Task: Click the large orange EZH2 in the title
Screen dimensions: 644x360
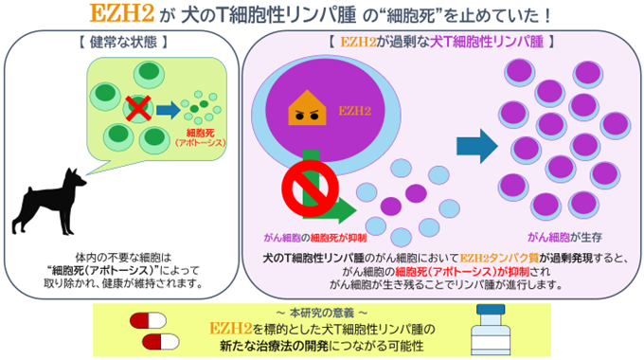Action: [x=121, y=13]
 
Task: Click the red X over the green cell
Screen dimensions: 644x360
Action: [x=138, y=109]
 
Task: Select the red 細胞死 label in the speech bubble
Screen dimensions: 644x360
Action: [x=201, y=133]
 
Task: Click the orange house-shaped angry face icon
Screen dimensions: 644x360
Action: [x=307, y=108]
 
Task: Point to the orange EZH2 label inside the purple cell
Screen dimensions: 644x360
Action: [x=354, y=111]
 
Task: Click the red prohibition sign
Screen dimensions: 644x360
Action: [x=311, y=189]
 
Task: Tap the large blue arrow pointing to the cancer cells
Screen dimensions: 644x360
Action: [x=477, y=146]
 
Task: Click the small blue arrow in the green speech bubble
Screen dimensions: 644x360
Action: [x=168, y=110]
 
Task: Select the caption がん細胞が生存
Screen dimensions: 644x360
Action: [x=564, y=237]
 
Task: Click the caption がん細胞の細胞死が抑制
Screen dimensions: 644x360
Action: [x=315, y=238]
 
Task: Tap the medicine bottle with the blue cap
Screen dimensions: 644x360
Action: [x=491, y=330]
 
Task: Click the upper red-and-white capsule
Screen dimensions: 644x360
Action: [x=149, y=321]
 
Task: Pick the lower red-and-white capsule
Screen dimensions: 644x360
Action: [x=161, y=342]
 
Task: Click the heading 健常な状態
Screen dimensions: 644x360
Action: [x=124, y=42]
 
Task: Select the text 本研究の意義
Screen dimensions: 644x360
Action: [x=322, y=314]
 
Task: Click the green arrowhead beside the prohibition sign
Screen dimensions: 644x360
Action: [x=348, y=211]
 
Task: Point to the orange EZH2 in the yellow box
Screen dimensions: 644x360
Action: [x=230, y=329]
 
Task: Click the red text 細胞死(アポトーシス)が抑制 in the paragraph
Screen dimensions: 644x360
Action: [x=462, y=272]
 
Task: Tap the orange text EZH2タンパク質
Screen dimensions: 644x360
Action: [x=499, y=259]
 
